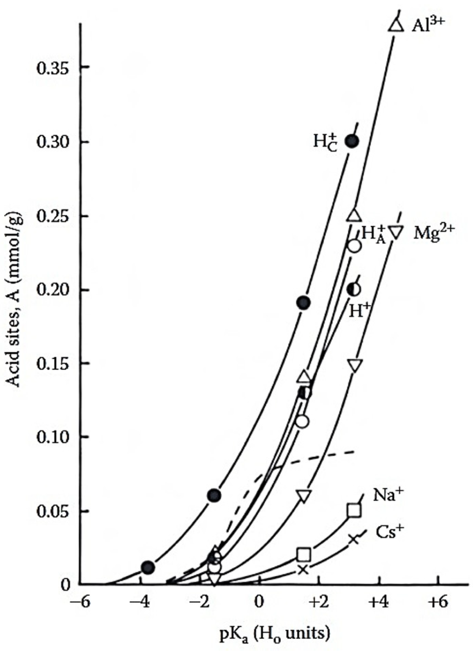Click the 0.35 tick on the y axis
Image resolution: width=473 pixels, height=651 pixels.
pos(54,67)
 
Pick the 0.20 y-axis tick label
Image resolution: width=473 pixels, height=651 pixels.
pos(54,290)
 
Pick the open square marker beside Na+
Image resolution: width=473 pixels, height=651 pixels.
pos(354,510)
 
